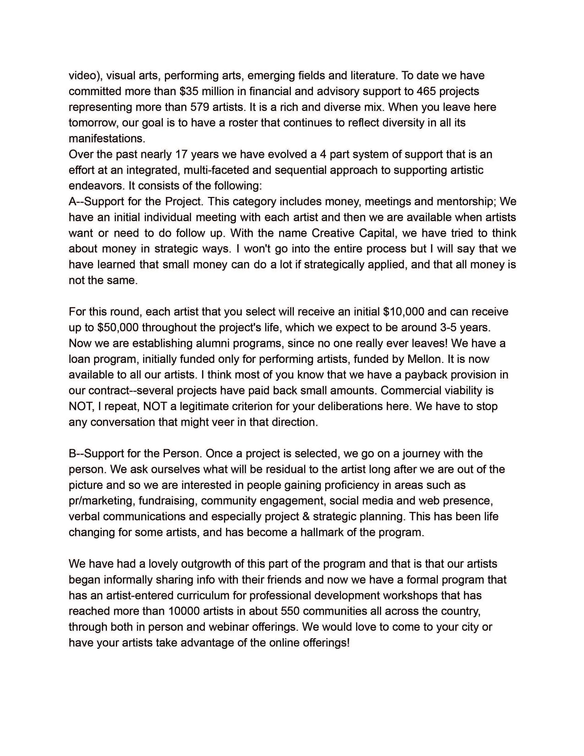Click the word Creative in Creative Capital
[332, 233]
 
